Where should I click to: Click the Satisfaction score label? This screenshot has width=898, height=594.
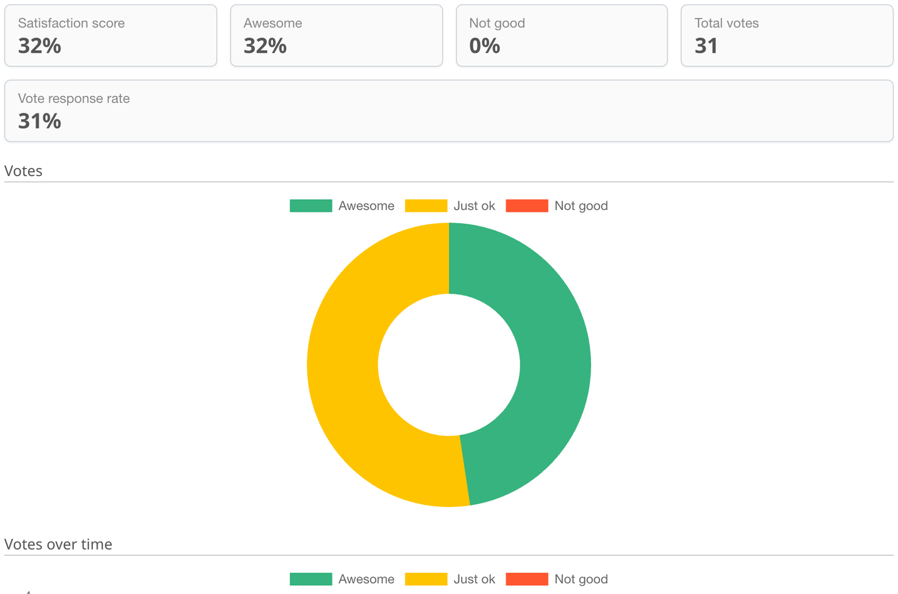[x=71, y=23]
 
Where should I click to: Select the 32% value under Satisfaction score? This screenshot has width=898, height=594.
[x=39, y=46]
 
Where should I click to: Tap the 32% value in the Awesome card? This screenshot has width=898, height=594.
[x=265, y=46]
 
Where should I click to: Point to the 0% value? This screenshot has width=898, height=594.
[x=485, y=46]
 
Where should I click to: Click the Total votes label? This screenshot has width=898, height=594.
[x=726, y=23]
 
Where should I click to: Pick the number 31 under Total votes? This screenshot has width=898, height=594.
[x=706, y=46]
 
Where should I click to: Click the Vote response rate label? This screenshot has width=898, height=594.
[x=74, y=98]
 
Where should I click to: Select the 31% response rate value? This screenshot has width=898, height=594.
[x=39, y=121]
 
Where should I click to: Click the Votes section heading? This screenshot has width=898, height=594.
[x=23, y=171]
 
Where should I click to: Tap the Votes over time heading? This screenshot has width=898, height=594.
[x=58, y=544]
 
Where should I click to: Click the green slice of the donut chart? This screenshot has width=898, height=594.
[x=555, y=365]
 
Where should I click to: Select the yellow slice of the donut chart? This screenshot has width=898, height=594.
[x=343, y=365]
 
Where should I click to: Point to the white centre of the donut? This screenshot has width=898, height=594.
[x=449, y=365]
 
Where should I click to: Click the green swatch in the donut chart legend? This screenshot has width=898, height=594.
[x=311, y=206]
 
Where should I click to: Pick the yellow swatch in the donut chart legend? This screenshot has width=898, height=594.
[x=426, y=206]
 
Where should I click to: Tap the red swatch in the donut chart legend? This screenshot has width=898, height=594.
[x=527, y=206]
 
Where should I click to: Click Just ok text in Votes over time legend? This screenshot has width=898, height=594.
[x=474, y=579]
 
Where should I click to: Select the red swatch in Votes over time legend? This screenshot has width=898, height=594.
[x=527, y=579]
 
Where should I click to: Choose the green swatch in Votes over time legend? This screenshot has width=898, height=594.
[x=311, y=579]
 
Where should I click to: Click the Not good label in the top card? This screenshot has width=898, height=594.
[x=497, y=23]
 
